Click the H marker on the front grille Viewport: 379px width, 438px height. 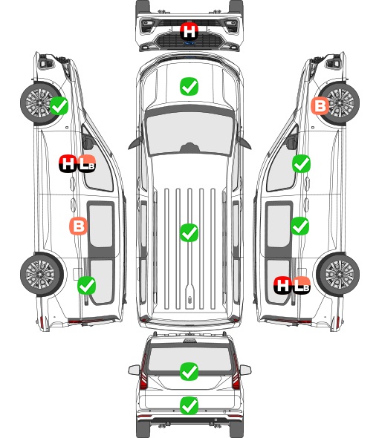pos(189,31)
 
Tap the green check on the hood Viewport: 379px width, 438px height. pos(189,86)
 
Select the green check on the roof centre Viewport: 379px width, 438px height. pos(189,232)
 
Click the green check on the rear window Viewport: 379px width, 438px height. pos(189,371)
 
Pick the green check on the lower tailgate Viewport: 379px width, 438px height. pos(189,405)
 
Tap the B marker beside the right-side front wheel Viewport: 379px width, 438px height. pos(320,106)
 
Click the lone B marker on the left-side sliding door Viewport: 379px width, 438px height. pos(78,226)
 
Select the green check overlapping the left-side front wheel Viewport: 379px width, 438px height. pos(59,105)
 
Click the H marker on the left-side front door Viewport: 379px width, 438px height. pos(68,163)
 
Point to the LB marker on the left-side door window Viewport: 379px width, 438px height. pos(87,163)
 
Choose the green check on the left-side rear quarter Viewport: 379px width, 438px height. pos(86,285)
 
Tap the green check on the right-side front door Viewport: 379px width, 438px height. pos(301,163)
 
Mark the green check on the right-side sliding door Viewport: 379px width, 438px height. pos(299,226)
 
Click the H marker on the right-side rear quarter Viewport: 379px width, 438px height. pos(282,285)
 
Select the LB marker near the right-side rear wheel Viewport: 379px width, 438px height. pos(301,285)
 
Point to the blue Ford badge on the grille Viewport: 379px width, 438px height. pos(189,43)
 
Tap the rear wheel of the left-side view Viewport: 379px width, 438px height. pos(42,275)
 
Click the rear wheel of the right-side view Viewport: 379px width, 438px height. pos(338,275)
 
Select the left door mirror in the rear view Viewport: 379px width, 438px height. pos(134,370)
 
